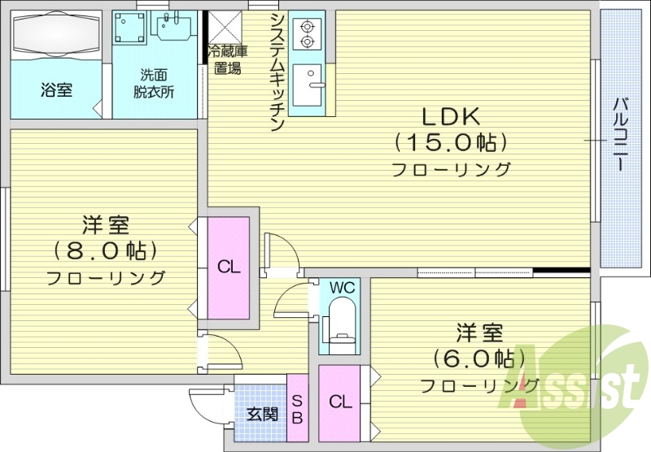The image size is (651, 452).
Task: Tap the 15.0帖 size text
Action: point(451,142)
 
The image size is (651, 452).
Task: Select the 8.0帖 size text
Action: point(106,249)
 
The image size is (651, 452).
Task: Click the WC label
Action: point(343,287)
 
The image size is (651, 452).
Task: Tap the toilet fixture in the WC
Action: point(341,323)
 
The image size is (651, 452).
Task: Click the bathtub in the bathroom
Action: point(55,37)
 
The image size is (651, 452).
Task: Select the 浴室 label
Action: point(56,89)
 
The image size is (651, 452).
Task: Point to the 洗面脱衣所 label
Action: point(154,85)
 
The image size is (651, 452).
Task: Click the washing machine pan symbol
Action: point(130,30)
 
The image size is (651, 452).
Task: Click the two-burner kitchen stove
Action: point(308,31)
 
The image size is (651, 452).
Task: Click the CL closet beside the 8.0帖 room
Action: point(228,267)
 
